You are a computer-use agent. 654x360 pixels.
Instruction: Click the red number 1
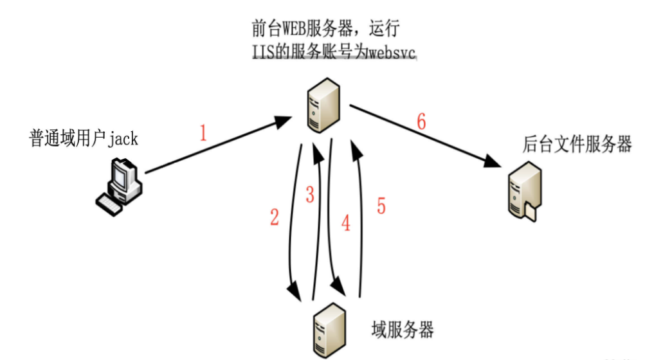click(203, 134)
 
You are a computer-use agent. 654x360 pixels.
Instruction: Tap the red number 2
click(275, 218)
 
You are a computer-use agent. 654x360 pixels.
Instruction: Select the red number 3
click(310, 195)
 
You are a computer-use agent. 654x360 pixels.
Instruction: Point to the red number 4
click(346, 223)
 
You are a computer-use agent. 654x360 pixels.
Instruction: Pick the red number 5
click(381, 206)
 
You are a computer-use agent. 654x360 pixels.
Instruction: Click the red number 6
click(421, 122)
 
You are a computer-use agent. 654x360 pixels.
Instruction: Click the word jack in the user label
click(123, 138)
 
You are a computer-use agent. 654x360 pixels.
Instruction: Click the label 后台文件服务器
click(577, 144)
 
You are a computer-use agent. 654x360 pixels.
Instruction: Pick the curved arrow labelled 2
click(292, 219)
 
